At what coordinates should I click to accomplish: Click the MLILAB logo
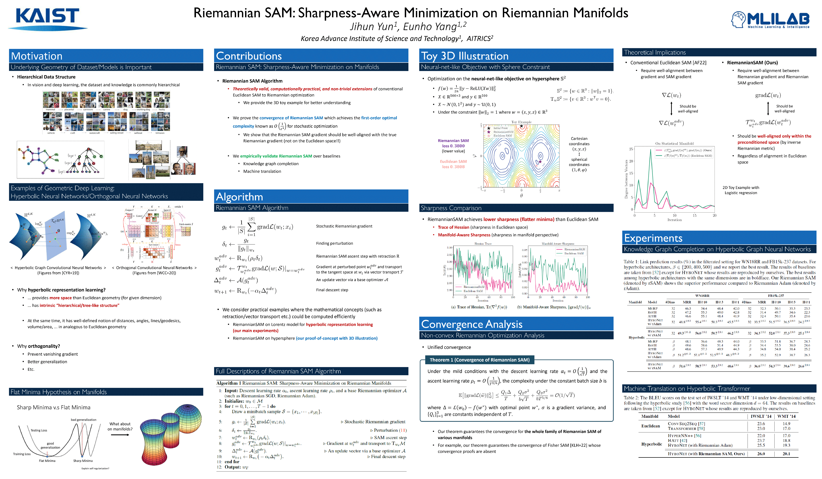(x=770, y=20)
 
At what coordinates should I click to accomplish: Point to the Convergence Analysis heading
(x=472, y=324)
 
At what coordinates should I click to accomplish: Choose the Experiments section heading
(x=653, y=238)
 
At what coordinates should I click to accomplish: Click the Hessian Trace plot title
(x=483, y=244)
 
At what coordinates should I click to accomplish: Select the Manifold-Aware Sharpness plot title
(x=558, y=244)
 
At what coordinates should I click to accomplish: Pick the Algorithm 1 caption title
(x=303, y=383)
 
